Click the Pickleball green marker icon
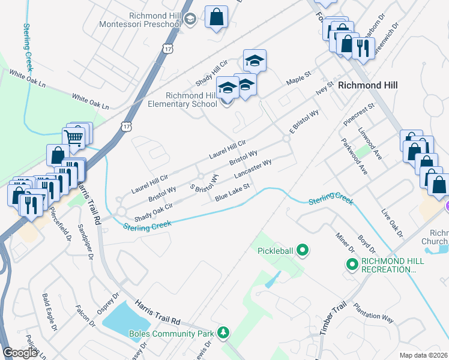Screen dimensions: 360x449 302,250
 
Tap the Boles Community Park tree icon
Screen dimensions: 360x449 223,332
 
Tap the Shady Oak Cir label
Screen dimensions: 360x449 153,211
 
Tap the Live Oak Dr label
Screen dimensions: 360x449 394,223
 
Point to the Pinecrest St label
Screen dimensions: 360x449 358,114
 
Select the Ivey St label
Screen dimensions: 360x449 324,90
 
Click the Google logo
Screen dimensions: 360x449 20,352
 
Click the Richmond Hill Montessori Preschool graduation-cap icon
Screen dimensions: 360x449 190,19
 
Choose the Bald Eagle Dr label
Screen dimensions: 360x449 49,312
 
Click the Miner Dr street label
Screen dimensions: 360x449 346,241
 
